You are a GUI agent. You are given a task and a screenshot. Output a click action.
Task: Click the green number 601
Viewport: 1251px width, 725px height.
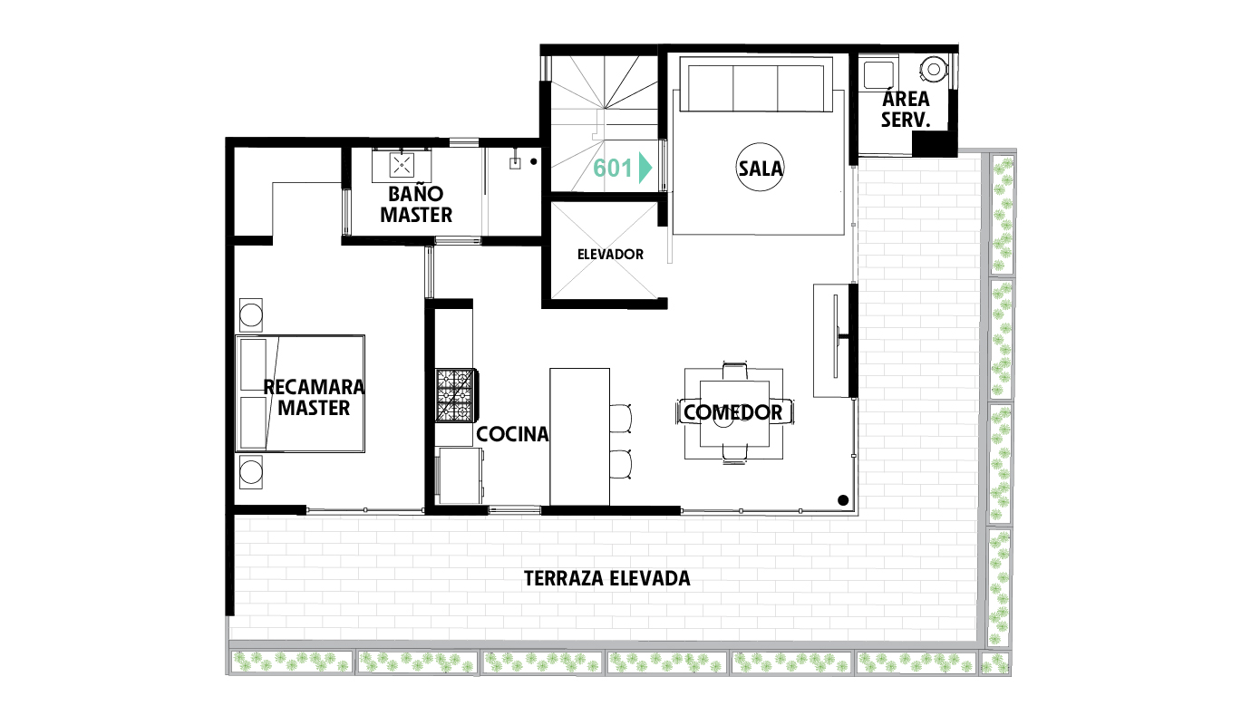point(613,168)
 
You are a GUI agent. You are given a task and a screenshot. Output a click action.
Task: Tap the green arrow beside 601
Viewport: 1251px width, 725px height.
point(645,168)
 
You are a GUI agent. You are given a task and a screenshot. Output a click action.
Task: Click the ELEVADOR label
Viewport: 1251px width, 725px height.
point(610,255)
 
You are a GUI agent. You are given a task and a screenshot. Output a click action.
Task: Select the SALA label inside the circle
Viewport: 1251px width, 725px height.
point(760,168)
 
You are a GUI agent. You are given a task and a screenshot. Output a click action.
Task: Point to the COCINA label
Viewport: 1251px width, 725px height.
point(512,434)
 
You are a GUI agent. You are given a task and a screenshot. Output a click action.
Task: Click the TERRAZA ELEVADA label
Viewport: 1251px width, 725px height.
point(607,579)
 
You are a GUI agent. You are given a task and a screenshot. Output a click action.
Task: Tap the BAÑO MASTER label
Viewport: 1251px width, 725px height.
point(416,204)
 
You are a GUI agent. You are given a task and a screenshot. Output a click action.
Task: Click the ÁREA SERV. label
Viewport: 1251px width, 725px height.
point(906,110)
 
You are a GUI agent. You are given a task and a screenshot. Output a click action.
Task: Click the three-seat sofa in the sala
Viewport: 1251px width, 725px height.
point(756,88)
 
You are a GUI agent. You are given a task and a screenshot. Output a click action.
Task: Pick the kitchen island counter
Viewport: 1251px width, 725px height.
point(579,437)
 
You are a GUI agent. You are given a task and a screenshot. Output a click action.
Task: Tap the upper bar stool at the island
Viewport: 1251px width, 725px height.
point(620,418)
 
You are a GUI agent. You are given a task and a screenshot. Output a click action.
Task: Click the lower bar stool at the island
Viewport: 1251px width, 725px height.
point(620,464)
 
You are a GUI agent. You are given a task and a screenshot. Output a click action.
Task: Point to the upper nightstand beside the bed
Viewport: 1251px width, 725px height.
point(251,315)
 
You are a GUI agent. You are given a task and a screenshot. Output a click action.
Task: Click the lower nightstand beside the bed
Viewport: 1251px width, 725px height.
point(251,472)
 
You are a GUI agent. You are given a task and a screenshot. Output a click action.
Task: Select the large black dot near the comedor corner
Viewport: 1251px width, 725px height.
point(843,500)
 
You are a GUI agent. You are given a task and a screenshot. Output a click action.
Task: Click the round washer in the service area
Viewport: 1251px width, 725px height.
point(933,70)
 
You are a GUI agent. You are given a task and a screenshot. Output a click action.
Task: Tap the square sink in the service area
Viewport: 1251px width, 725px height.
point(878,75)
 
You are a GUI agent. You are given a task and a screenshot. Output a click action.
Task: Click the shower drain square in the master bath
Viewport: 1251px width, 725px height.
point(515,163)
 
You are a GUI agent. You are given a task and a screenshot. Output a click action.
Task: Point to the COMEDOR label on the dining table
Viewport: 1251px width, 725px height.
point(732,412)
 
